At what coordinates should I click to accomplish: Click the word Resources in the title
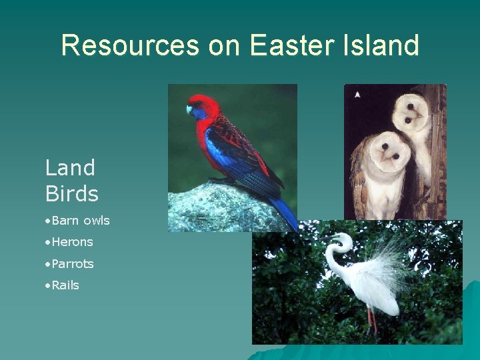(130, 45)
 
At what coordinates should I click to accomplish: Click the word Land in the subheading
(70, 167)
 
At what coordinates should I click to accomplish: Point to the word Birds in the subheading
(71, 194)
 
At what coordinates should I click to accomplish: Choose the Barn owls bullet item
(80, 220)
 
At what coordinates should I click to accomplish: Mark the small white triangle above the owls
(357, 95)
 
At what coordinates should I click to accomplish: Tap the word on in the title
(223, 45)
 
